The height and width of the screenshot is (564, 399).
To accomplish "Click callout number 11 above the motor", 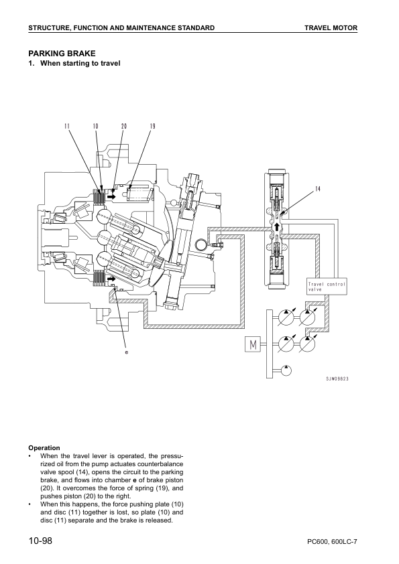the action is tap(67, 126).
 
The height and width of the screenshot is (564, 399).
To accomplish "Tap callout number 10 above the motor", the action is tap(95, 126).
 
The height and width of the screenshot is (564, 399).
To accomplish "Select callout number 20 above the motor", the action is tap(124, 126).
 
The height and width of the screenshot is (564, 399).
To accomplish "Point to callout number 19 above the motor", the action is tap(152, 126).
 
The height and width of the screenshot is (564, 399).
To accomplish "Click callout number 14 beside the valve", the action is tap(318, 189).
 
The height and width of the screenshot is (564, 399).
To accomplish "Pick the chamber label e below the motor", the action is tap(126, 352).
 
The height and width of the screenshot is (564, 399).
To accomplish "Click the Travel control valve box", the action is tap(327, 286).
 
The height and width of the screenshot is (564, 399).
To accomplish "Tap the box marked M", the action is tap(252, 344).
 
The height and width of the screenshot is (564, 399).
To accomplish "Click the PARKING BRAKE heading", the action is tap(62, 54).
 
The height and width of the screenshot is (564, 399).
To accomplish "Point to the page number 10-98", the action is tap(40, 541).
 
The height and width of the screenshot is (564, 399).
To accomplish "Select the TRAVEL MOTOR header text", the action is tap(331, 27).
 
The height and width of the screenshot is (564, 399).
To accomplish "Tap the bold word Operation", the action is tap(44, 448).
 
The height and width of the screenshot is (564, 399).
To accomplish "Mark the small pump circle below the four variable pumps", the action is tap(285, 370).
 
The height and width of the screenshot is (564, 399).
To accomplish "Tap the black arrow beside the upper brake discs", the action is tap(112, 197).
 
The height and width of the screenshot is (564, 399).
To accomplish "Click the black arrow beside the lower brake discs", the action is tap(111, 279).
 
